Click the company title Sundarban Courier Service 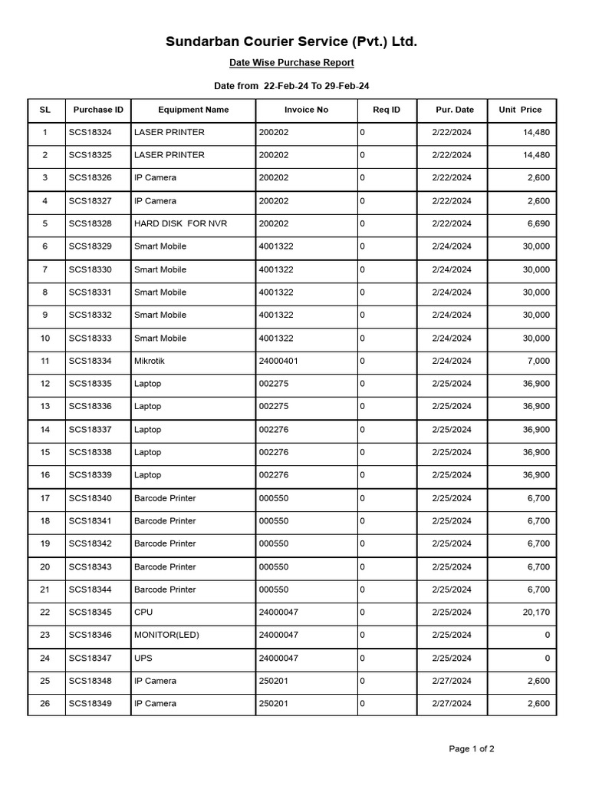pos(291,41)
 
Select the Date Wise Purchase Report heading pos(291,63)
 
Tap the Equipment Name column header pos(193,110)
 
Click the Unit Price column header pos(520,110)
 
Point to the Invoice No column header pos(306,110)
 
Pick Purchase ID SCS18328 pos(90,223)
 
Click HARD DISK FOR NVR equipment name pos(180,223)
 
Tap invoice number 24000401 pos(281,361)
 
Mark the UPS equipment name pos(143,658)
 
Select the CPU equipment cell pos(143,613)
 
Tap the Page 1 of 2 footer pos(472,749)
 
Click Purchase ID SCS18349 pos(90,703)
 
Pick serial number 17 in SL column pos(45,498)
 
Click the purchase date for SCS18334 pos(452,361)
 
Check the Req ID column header pos(387,110)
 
